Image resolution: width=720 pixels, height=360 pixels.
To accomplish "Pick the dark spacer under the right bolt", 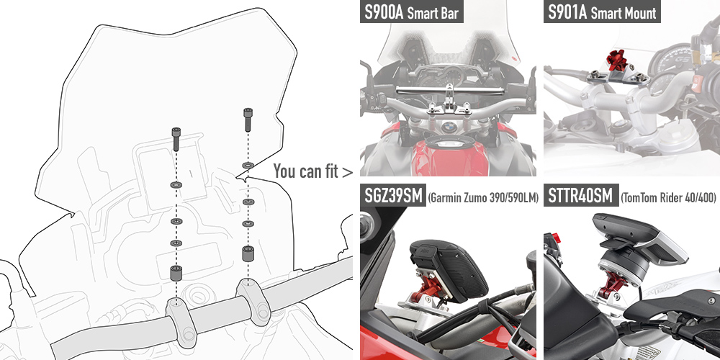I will pyautogui.click(x=246, y=254).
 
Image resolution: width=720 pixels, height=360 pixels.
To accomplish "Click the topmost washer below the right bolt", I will pyautogui.click(x=246, y=166).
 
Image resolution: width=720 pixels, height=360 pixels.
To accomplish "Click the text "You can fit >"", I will pyautogui.click(x=313, y=171).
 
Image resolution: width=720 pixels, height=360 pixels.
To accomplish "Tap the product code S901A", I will pyautogui.click(x=567, y=13).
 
